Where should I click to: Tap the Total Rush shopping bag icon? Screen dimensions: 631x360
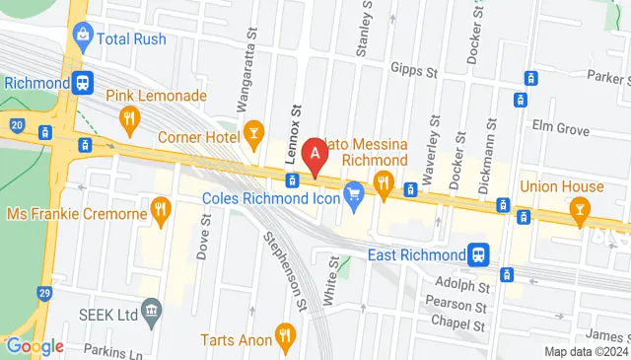[83, 37]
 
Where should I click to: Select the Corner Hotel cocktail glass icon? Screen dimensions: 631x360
[253, 130]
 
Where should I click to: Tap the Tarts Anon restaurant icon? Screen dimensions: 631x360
[286, 335]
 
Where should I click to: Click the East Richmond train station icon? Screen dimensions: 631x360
[479, 254]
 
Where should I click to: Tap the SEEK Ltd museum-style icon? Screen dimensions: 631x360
[151, 316]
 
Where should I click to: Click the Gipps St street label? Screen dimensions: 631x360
[415, 72]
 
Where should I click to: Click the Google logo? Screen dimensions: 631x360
[35, 346]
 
